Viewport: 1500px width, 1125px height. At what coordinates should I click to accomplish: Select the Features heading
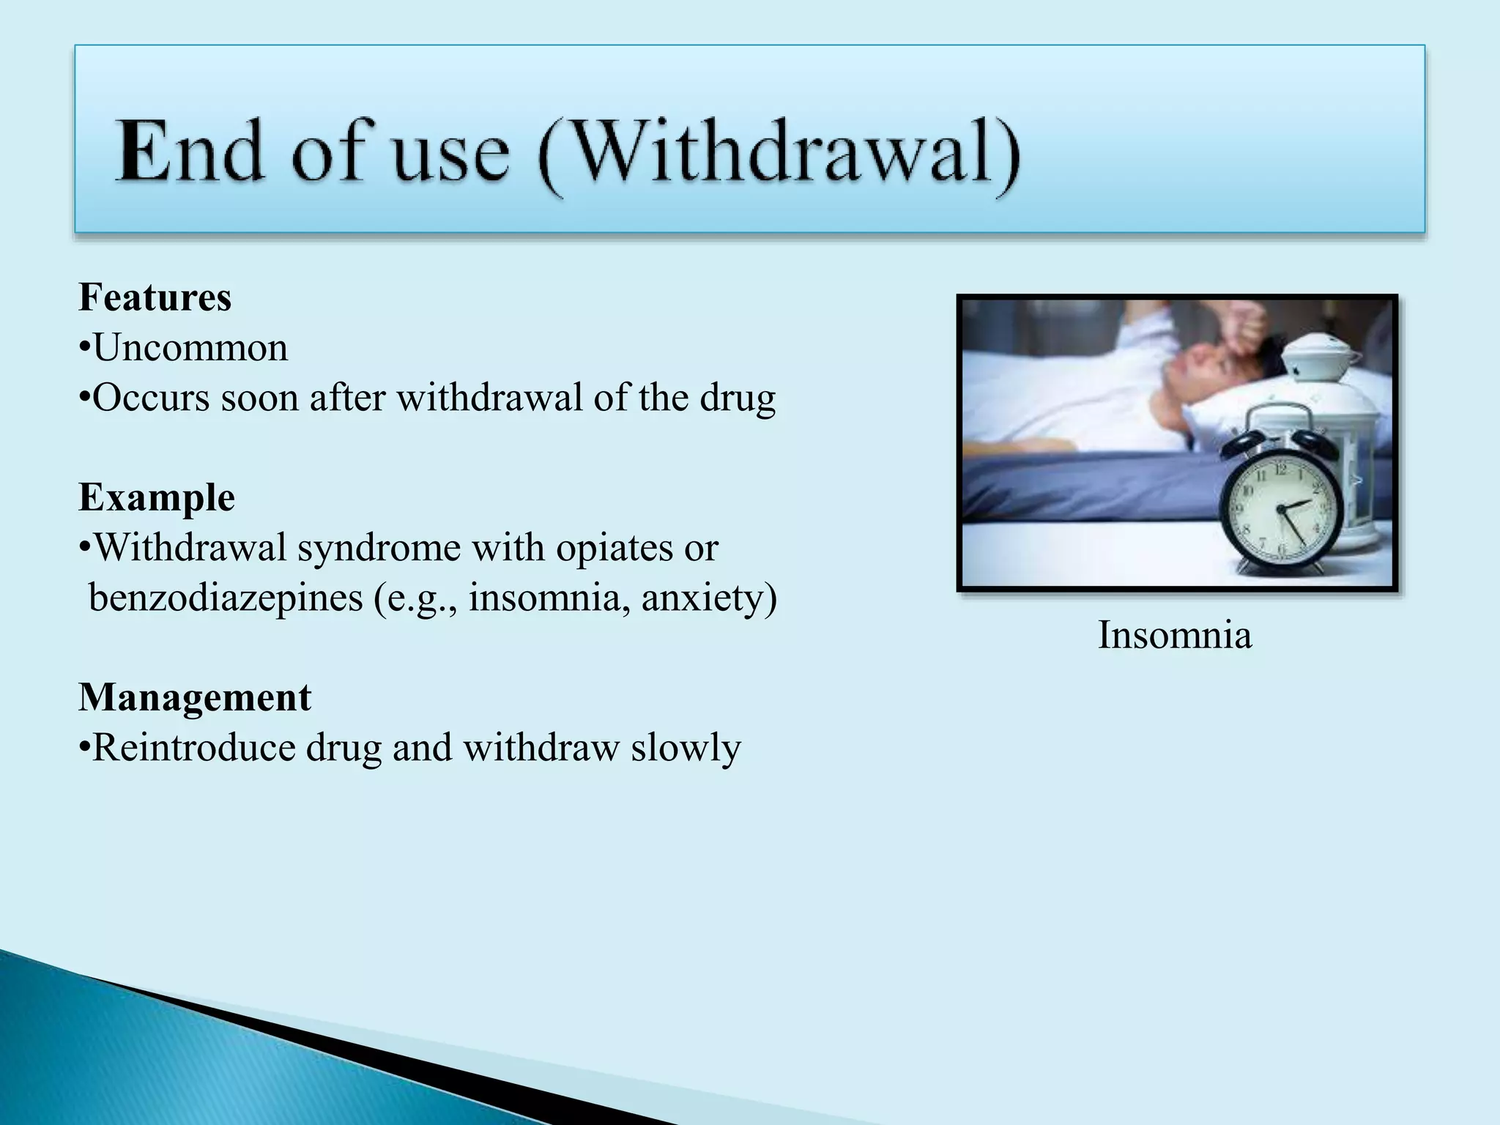(155, 298)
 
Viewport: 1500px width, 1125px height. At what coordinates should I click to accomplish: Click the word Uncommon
(190, 348)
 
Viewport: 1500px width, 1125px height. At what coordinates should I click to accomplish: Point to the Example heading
(157, 498)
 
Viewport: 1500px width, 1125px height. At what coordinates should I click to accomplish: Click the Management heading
(195, 697)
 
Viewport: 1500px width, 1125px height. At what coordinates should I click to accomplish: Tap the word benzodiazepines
(226, 598)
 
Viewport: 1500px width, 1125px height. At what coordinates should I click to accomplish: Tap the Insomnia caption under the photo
(1174, 635)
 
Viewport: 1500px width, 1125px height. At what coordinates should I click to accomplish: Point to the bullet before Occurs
(85, 399)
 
